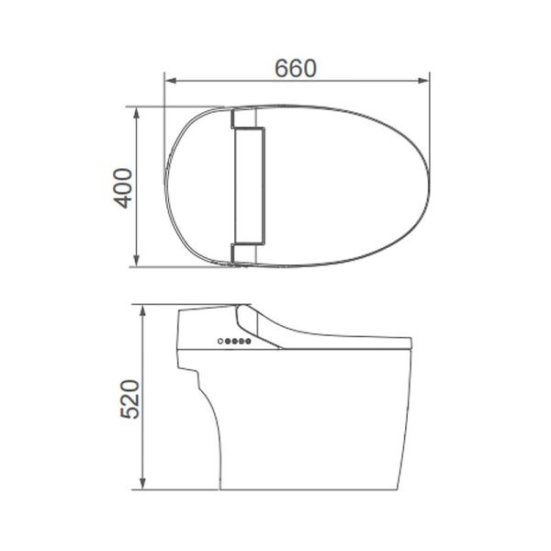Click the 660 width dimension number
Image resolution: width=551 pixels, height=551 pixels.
pos(296,68)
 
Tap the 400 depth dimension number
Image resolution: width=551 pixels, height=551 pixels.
pos(124,188)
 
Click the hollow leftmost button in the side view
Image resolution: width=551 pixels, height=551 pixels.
pos(220,342)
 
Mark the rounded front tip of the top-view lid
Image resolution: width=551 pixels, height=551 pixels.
pos(429,184)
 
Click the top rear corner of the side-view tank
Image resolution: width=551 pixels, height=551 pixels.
pos(180,313)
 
